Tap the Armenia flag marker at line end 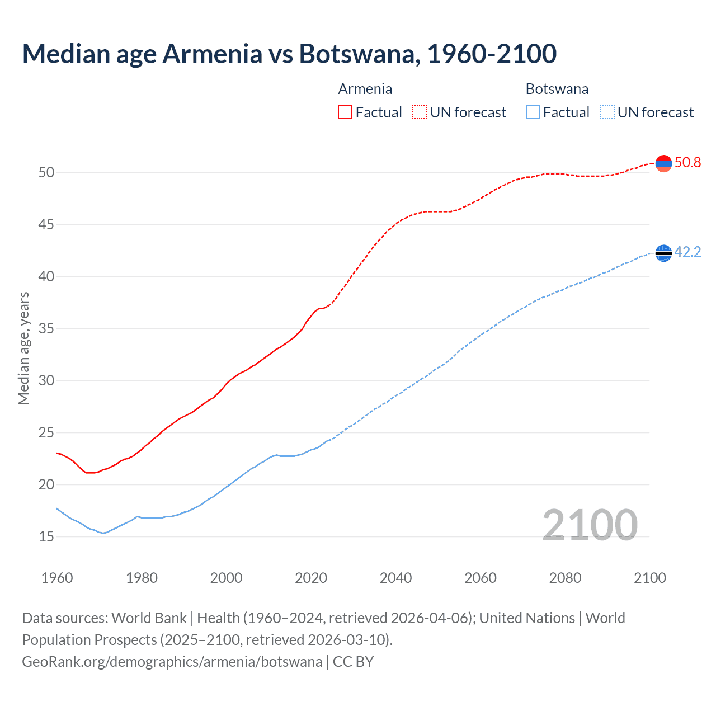pyautogui.click(x=663, y=163)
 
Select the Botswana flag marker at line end pyautogui.click(x=663, y=253)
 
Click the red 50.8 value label pyautogui.click(x=687, y=163)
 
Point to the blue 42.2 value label pyautogui.click(x=687, y=252)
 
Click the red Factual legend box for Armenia pyautogui.click(x=345, y=112)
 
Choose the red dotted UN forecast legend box pyautogui.click(x=420, y=112)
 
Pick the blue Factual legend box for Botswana pyautogui.click(x=533, y=112)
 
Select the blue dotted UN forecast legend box pyautogui.click(x=607, y=112)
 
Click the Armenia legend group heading pyautogui.click(x=365, y=89)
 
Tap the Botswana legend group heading pyautogui.click(x=557, y=89)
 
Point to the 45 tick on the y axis pyautogui.click(x=46, y=225)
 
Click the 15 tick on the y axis pyautogui.click(x=46, y=537)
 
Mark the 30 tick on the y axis pyautogui.click(x=46, y=381)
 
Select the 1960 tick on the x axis pyautogui.click(x=57, y=578)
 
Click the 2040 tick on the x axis pyautogui.click(x=395, y=578)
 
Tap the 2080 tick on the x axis pyautogui.click(x=565, y=578)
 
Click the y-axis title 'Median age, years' pyautogui.click(x=23, y=348)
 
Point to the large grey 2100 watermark pyautogui.click(x=590, y=525)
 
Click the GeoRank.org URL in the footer pyautogui.click(x=172, y=662)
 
